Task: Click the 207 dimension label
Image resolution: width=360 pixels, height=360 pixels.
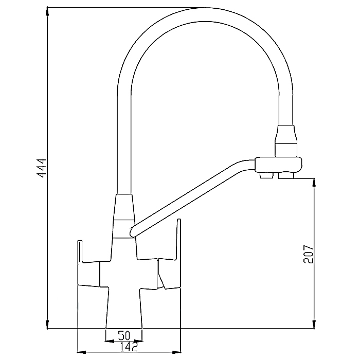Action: (308, 254)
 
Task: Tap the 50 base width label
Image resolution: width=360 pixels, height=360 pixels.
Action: (124, 335)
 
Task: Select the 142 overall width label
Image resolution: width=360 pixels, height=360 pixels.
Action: (129, 347)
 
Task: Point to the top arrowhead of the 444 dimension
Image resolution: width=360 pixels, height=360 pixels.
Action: (47, 11)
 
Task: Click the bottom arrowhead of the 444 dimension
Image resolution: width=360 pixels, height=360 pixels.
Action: (47, 325)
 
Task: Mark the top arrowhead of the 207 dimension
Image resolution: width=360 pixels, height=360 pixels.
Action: (314, 183)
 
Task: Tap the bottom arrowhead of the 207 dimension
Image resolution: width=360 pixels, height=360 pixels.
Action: (314, 325)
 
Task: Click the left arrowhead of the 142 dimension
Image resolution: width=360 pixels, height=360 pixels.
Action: (81, 352)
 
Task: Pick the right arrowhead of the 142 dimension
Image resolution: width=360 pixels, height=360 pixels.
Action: (176, 352)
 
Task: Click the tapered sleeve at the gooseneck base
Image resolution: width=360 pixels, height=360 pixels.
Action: (124, 216)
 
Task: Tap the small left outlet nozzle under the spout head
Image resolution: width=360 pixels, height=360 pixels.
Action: (266, 175)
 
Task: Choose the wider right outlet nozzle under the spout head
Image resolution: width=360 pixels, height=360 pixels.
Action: (286, 175)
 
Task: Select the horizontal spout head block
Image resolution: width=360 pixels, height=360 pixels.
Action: (279, 165)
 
